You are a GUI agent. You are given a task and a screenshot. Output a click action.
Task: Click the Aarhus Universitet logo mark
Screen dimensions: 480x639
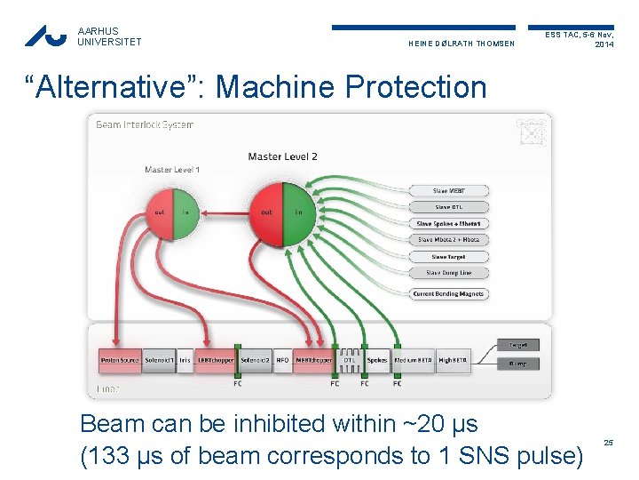click(x=45, y=36)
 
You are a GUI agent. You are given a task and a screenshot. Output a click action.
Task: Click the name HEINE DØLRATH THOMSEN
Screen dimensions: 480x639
click(x=461, y=44)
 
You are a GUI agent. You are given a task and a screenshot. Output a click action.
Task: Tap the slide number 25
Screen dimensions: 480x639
click(x=608, y=442)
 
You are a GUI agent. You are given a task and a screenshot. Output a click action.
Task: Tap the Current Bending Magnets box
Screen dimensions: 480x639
click(x=448, y=294)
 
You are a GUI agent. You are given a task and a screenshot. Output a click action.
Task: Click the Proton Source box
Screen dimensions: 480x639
click(x=119, y=360)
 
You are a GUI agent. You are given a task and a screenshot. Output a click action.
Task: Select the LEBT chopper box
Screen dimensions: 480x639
click(x=216, y=360)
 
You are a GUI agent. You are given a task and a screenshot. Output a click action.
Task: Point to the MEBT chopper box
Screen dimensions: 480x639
click(x=313, y=360)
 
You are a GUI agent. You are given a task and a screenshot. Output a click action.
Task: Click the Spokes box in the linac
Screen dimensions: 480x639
click(x=377, y=360)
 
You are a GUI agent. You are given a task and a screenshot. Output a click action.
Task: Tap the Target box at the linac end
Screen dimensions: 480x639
click(x=518, y=345)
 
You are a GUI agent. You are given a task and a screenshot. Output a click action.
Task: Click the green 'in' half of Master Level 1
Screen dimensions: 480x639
click(x=185, y=212)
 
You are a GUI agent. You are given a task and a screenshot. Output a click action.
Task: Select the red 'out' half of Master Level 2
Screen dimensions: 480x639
click(x=266, y=214)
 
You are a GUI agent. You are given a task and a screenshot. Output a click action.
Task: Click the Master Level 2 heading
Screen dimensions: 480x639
click(x=282, y=157)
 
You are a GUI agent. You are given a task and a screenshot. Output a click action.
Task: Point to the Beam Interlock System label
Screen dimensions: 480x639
click(x=144, y=124)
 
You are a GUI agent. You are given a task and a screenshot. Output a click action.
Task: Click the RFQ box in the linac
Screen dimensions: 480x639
click(x=282, y=360)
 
